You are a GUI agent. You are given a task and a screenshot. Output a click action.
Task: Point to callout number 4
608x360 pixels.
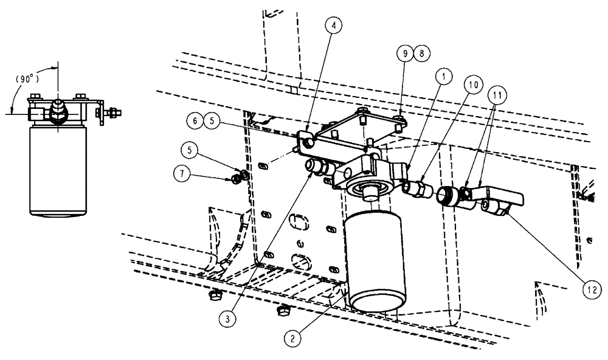[x=334, y=26]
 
